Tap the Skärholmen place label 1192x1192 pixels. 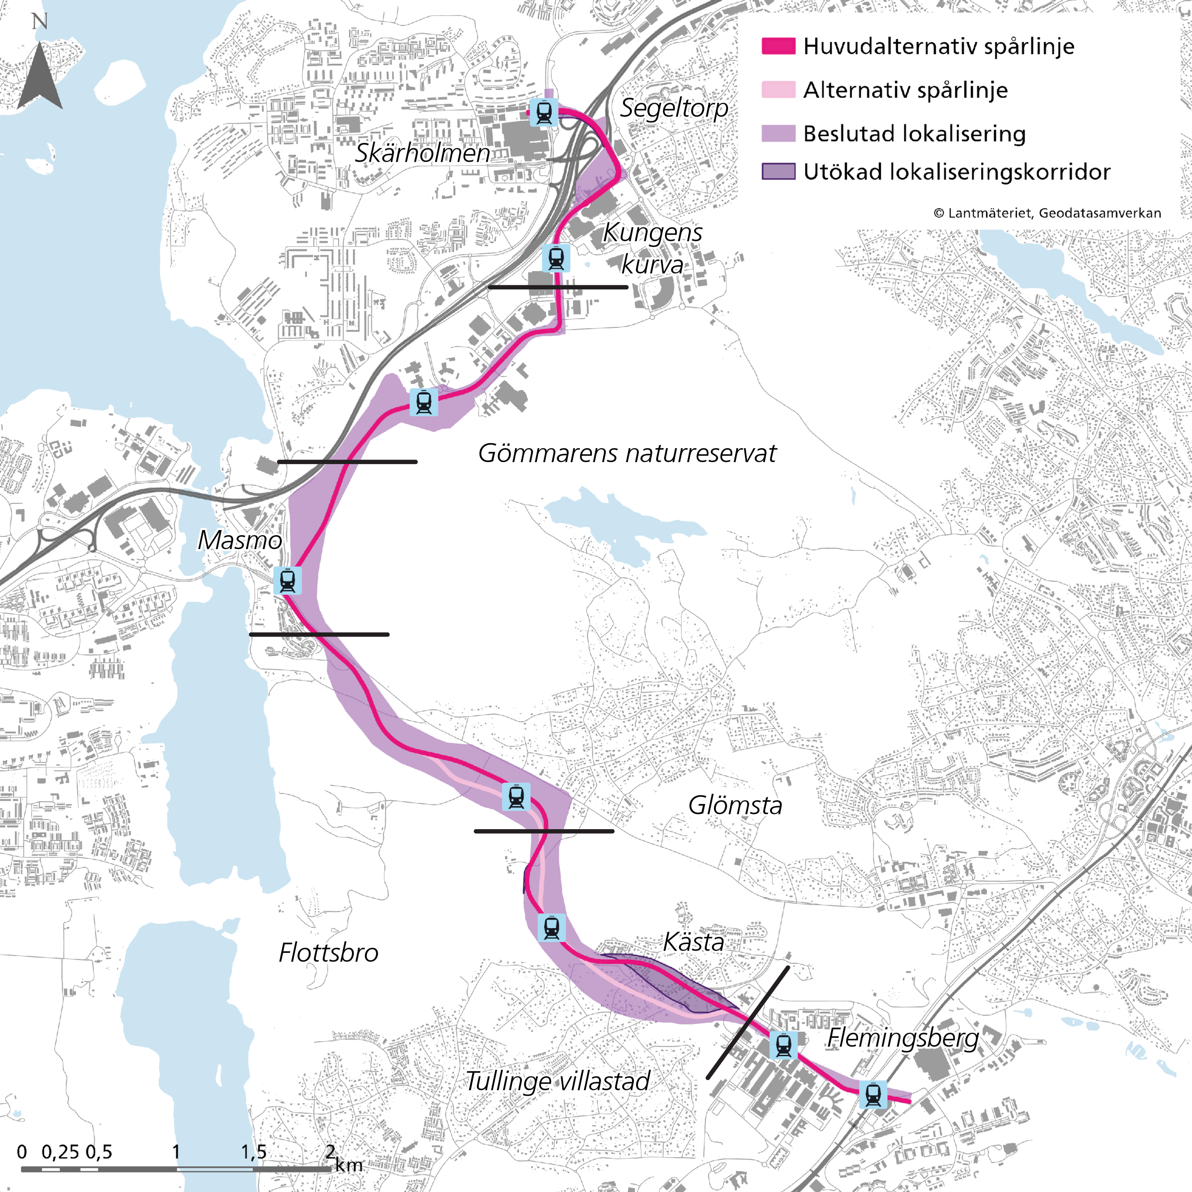coord(423,153)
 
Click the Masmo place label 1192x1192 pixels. coord(240,541)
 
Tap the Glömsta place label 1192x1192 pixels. coord(735,806)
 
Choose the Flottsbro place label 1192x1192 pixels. coord(328,952)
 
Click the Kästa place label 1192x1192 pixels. coord(694,942)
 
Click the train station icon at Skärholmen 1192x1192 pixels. coord(544,112)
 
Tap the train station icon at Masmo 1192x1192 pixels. coord(287,581)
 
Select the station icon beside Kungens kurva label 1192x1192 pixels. coord(556,258)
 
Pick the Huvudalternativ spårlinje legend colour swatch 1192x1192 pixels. coord(778,46)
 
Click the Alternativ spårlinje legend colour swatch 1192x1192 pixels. coord(778,90)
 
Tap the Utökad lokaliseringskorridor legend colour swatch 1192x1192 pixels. coord(778,172)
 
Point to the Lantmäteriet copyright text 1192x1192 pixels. coord(1047,213)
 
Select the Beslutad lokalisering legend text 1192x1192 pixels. coord(914,134)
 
